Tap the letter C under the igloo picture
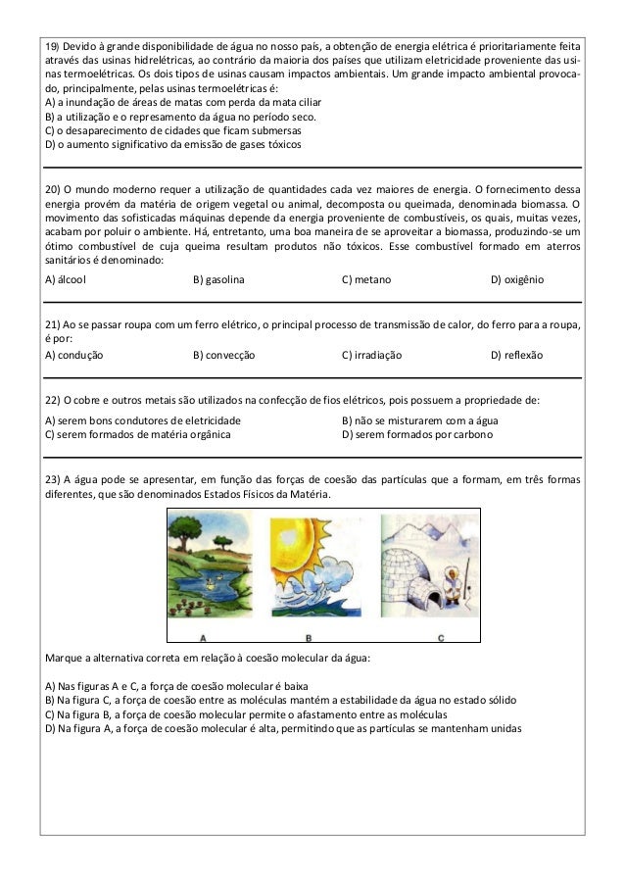pyautogui.click(x=440, y=638)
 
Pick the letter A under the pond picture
pyautogui.click(x=202, y=638)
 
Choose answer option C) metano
pyautogui.click(x=366, y=279)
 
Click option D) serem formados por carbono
pyautogui.click(x=416, y=433)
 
